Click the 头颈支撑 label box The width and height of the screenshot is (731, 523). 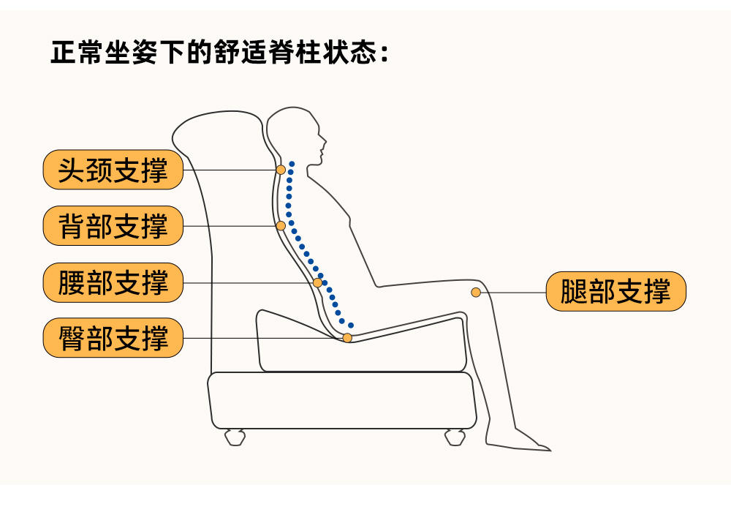tap(113, 170)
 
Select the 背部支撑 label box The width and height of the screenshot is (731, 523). tap(113, 226)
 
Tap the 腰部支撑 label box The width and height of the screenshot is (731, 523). tap(113, 282)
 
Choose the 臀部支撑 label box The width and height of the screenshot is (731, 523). tap(113, 338)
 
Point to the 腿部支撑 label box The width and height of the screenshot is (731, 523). tap(616, 293)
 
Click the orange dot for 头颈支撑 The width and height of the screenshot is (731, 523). tap(281, 170)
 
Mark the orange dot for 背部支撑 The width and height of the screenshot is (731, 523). tap(281, 225)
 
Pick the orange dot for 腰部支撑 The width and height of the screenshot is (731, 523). tap(317, 282)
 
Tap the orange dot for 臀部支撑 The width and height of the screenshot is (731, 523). tap(347, 338)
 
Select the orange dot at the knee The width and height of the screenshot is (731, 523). tap(476, 293)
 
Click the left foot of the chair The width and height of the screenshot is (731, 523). tap(235, 437)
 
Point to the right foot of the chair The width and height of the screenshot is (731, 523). tap(454, 437)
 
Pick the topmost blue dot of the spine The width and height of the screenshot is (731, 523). tap(292, 163)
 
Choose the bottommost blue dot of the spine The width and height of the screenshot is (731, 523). tap(351, 325)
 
